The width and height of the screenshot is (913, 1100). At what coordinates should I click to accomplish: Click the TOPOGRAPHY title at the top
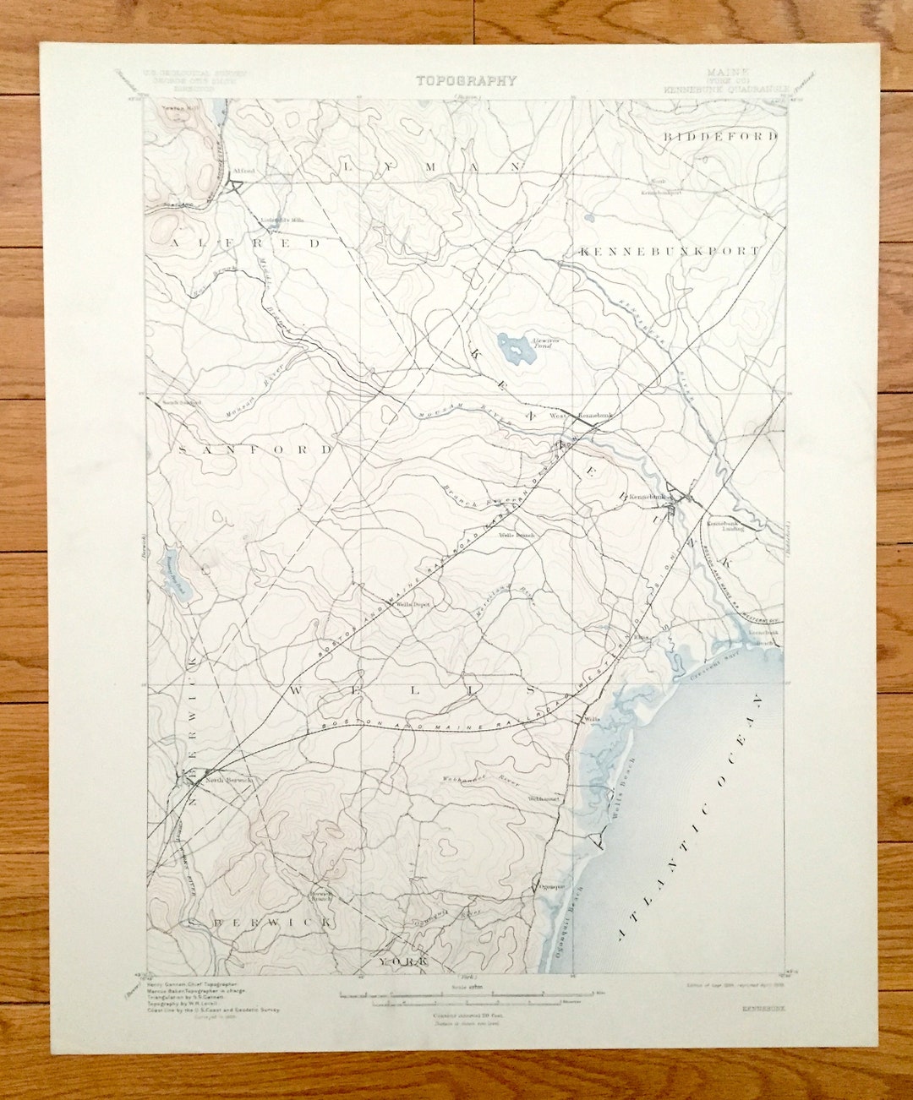(465, 81)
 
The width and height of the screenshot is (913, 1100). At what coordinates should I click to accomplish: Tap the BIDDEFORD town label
(719, 136)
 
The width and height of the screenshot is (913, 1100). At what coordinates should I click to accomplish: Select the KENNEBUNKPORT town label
(670, 251)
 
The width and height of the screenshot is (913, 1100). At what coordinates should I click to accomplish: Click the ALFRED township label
(246, 243)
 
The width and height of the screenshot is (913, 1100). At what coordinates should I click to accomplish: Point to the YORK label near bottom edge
(402, 962)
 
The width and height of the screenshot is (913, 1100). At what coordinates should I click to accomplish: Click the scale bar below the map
(467, 997)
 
